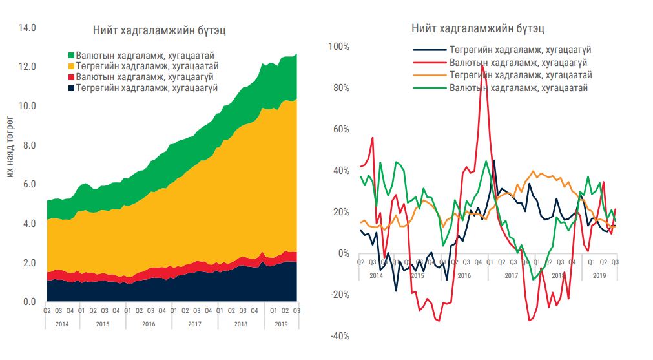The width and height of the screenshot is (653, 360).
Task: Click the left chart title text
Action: [159, 31]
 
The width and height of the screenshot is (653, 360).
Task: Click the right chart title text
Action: [477, 29]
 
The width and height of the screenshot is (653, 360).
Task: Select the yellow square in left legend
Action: [71, 66]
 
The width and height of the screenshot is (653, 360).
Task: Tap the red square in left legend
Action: [71, 77]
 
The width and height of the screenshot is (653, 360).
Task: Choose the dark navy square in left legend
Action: [71, 88]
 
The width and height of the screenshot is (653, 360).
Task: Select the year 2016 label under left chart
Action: [149, 324]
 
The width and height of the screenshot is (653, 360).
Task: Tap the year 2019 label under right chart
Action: [600, 275]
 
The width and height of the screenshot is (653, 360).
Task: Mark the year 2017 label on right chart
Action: [511, 275]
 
